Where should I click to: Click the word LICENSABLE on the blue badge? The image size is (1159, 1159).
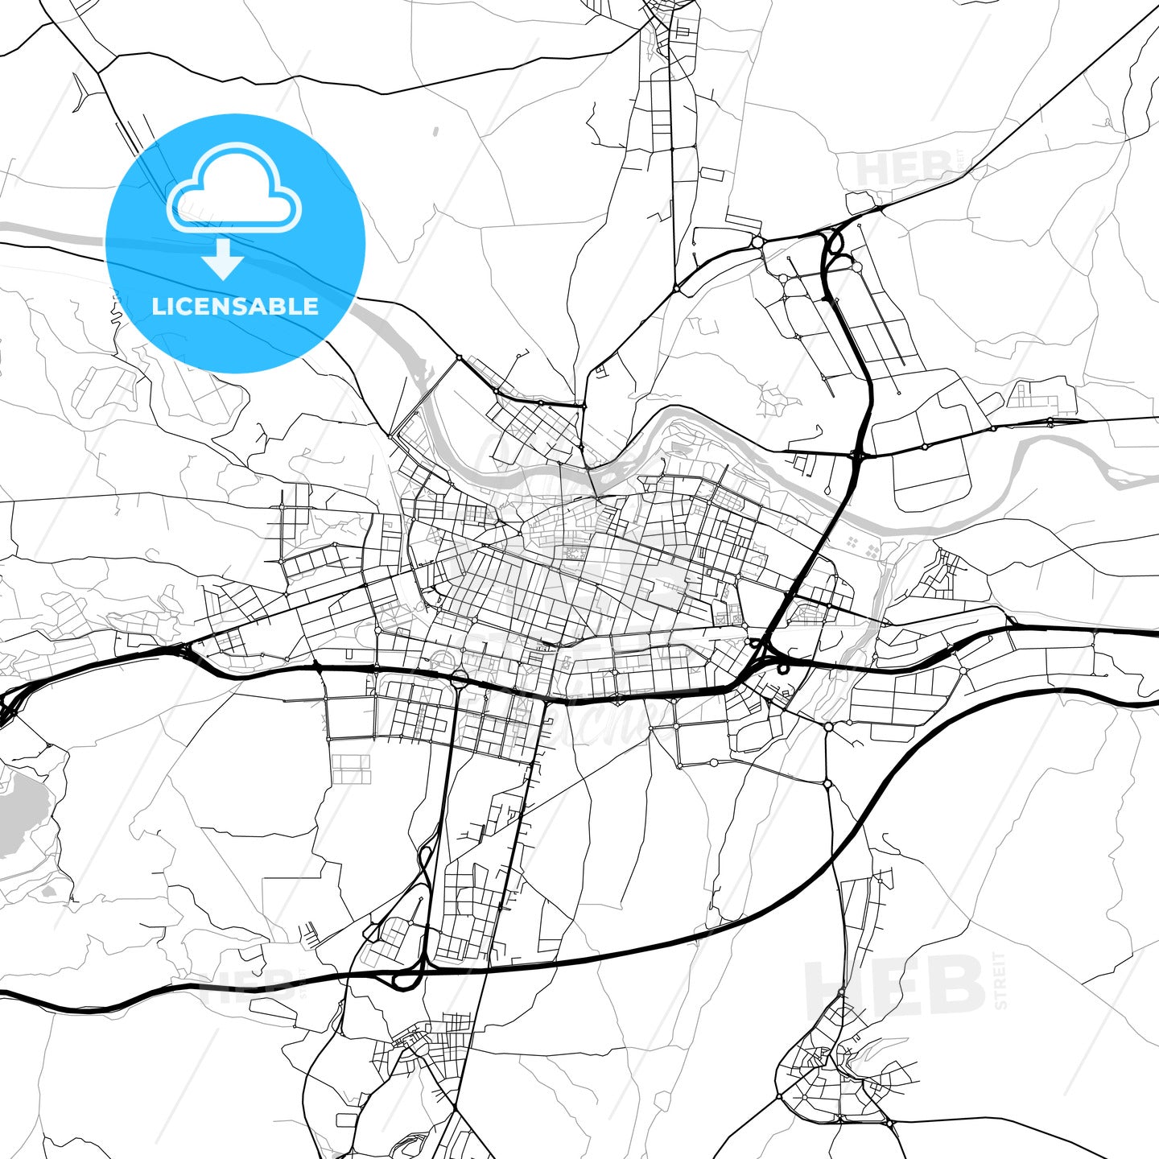[235, 307]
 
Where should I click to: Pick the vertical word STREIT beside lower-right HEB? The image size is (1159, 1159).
[1000, 980]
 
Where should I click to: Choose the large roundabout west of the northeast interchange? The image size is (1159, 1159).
[757, 241]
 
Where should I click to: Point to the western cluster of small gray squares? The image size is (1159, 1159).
[869, 551]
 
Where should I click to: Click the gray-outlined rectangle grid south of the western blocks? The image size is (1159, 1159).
[351, 769]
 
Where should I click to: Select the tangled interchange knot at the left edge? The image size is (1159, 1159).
[8, 708]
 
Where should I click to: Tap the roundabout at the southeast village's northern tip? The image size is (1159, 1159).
[842, 992]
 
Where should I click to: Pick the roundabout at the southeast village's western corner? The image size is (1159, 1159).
[779, 1096]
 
